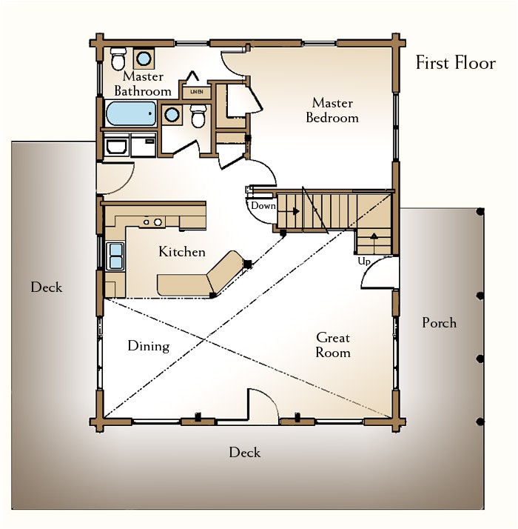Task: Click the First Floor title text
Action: click(455, 63)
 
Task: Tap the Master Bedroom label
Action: click(332, 110)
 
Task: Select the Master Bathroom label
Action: click(143, 84)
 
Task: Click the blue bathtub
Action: click(130, 114)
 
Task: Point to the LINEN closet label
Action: click(197, 91)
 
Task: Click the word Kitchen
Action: click(181, 252)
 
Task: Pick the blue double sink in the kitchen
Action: click(115, 255)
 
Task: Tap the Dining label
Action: click(148, 346)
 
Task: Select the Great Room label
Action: click(332, 345)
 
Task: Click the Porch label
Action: click(439, 322)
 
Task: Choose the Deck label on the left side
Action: click(46, 287)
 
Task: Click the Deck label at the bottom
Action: click(244, 452)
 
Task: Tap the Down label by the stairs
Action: click(263, 205)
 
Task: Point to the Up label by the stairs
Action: click(363, 262)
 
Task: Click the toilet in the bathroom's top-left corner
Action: click(118, 57)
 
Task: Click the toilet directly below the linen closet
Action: click(198, 116)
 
